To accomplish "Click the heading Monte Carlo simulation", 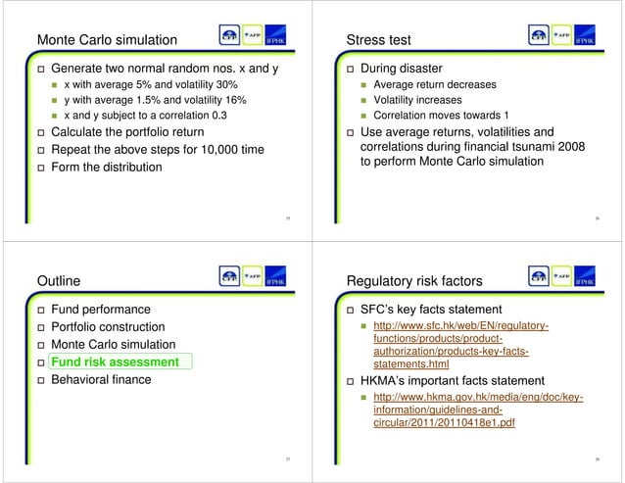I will [x=106, y=40].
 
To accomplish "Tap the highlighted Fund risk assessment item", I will [x=115, y=362].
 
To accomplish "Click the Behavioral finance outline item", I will [x=101, y=379].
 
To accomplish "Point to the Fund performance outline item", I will [x=101, y=310].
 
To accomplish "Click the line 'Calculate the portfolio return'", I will [x=127, y=132].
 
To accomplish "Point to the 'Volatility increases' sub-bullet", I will [x=422, y=100].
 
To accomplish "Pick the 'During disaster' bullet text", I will [x=402, y=70].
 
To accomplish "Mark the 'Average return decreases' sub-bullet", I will [x=434, y=84].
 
